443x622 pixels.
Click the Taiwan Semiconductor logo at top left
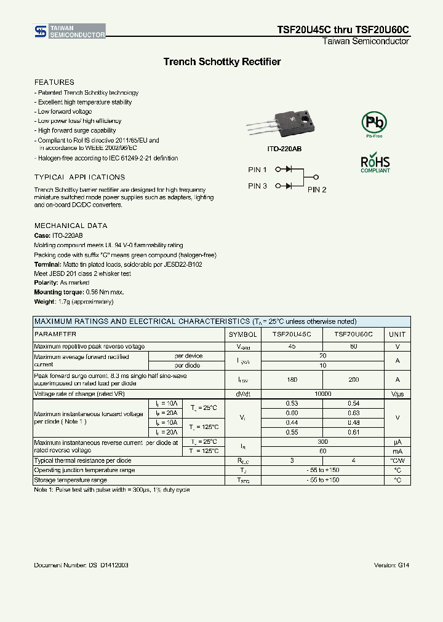click(x=69, y=32)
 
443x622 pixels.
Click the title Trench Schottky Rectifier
click(x=221, y=62)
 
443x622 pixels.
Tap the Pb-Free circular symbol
click(x=374, y=124)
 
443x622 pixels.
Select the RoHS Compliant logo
click(x=375, y=163)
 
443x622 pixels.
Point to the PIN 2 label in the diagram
click(x=317, y=190)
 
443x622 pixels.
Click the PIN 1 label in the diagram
click(x=257, y=170)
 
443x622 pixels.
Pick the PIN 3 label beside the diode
click(x=257, y=186)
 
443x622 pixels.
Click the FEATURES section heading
click(x=54, y=82)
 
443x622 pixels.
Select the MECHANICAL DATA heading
click(x=71, y=226)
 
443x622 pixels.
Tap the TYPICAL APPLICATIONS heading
click(x=79, y=177)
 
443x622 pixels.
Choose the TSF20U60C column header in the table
click(x=353, y=334)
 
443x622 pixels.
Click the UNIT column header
click(x=397, y=334)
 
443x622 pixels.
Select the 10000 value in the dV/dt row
click(x=322, y=393)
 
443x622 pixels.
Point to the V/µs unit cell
click(x=397, y=393)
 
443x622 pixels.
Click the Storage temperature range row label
click(x=70, y=480)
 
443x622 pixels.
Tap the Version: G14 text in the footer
click(x=391, y=565)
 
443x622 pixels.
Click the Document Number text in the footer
click(x=81, y=565)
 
